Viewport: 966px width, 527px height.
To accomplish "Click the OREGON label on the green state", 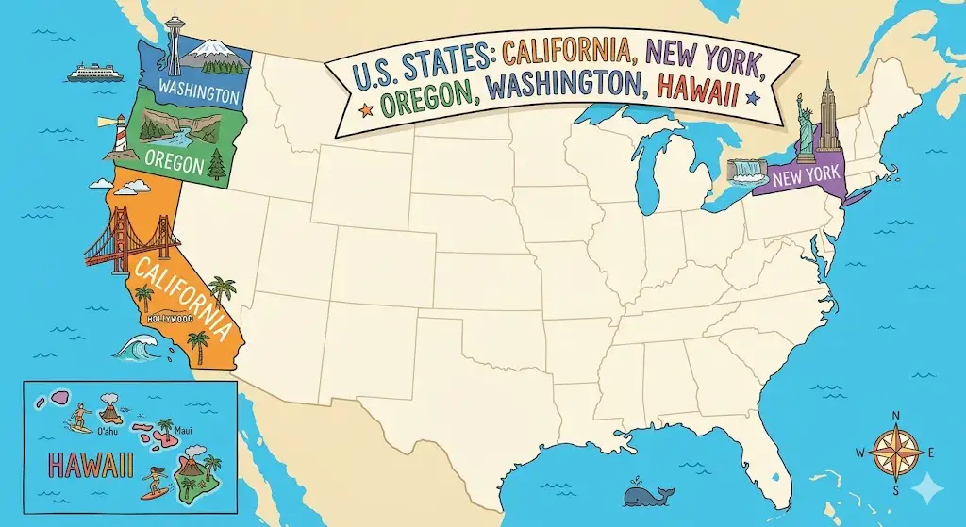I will [175, 164].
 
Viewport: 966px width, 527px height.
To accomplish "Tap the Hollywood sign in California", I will [170, 319].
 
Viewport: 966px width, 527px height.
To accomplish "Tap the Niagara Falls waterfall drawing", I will [748, 170].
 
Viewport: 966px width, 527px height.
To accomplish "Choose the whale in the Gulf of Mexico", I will [645, 493].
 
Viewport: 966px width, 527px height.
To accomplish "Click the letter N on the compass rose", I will [896, 418].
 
